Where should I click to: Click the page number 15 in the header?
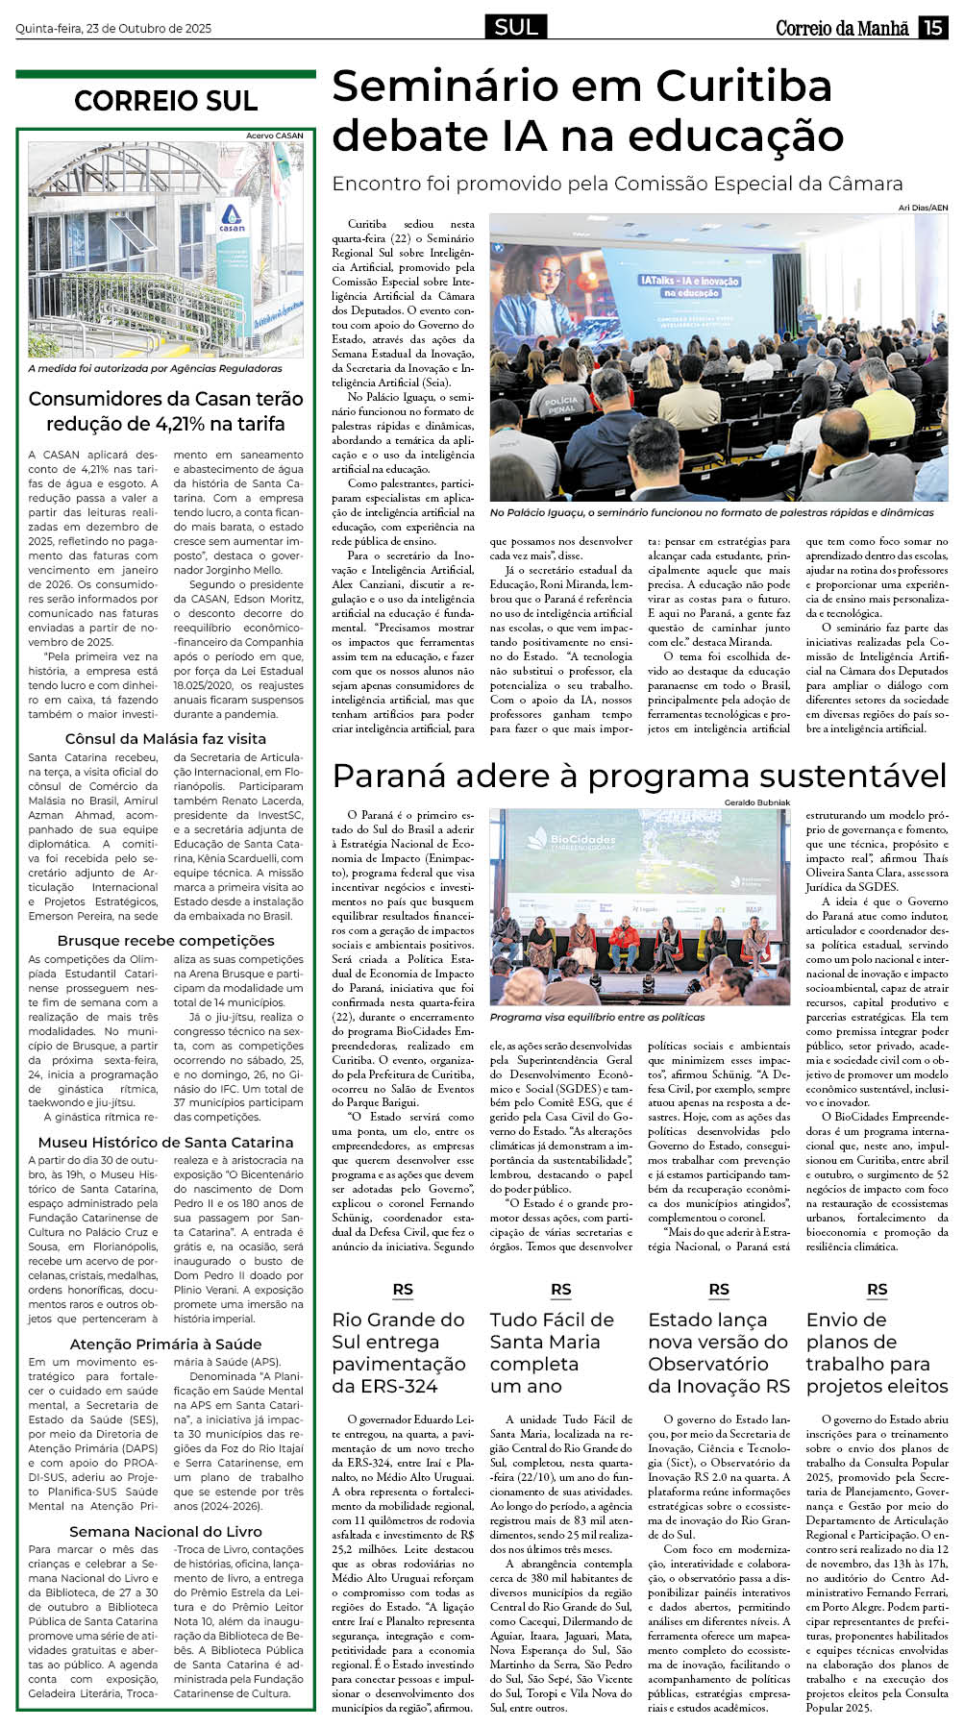(x=933, y=28)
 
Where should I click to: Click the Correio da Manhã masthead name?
(x=842, y=29)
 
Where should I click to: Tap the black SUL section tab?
(x=516, y=28)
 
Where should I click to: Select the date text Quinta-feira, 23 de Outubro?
(x=113, y=29)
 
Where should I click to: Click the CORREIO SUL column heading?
(x=165, y=101)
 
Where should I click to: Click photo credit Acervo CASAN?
(x=274, y=136)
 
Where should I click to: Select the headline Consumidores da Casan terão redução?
(x=165, y=410)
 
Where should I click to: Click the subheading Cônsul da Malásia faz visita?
(x=165, y=738)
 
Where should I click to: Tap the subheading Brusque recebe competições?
(x=165, y=940)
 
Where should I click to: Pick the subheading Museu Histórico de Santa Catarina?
(x=165, y=1142)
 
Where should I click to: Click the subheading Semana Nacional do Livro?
(x=165, y=1531)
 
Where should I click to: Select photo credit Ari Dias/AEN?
(x=923, y=208)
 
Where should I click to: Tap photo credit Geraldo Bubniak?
(x=757, y=802)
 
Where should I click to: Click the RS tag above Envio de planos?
(x=877, y=1290)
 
